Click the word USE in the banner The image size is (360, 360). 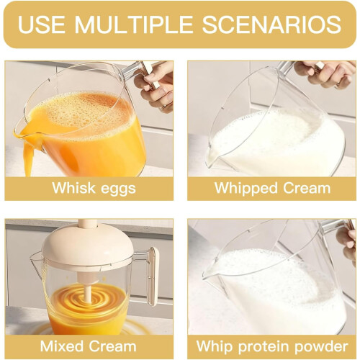point(41,24)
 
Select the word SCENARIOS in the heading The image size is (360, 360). point(271,24)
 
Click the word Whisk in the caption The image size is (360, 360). point(73,187)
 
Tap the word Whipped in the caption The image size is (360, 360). point(246,189)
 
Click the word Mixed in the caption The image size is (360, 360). point(61,346)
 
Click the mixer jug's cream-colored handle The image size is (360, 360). point(153,276)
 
